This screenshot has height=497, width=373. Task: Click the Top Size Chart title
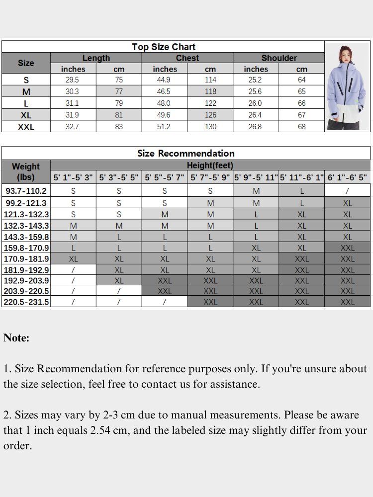coord(164,47)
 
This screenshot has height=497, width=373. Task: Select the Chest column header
coord(187,58)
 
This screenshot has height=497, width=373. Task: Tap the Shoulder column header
coord(279,58)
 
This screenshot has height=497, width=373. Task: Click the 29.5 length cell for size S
coord(73,80)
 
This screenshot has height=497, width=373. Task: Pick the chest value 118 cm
coord(210,91)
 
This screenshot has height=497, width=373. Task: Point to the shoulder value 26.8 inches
coord(255,127)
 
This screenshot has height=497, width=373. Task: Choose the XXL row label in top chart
coord(26,127)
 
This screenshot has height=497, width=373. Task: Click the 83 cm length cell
coord(119,127)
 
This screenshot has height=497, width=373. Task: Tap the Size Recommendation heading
coord(186,153)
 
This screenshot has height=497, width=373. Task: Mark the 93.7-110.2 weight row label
coord(26,191)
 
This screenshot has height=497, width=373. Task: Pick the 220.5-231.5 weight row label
coord(26,302)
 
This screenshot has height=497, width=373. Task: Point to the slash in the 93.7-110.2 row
coord(347,191)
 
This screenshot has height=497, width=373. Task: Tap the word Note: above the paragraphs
coord(16,338)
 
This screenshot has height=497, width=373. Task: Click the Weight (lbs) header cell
coord(26,171)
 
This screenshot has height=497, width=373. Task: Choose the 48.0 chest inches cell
coord(164,103)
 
